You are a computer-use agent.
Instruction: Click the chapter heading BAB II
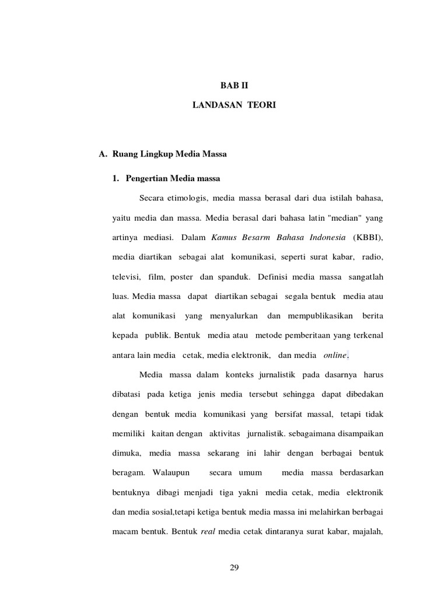tap(235, 85)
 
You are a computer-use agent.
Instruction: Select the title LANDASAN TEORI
tap(234, 105)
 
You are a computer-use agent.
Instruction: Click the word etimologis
tap(190, 199)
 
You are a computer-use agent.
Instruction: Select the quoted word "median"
tap(345, 218)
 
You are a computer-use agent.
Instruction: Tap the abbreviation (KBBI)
tap(367, 238)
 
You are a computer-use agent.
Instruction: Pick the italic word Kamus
tap(225, 238)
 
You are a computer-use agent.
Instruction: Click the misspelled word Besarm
tap(261, 238)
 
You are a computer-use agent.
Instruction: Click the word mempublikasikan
tap(320, 317)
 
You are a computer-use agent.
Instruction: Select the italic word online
tap(335, 355)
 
